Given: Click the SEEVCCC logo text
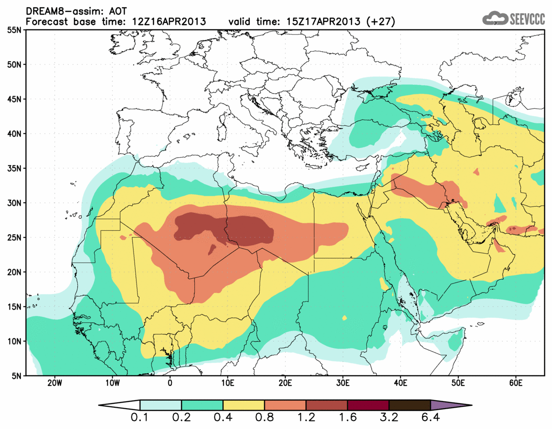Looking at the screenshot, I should tap(526, 19).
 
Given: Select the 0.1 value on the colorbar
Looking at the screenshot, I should tap(140, 419).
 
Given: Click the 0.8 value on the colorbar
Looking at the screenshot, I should tap(264, 419).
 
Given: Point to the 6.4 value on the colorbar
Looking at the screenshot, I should tap(430, 419).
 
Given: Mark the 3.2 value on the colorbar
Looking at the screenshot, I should tap(389, 419).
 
